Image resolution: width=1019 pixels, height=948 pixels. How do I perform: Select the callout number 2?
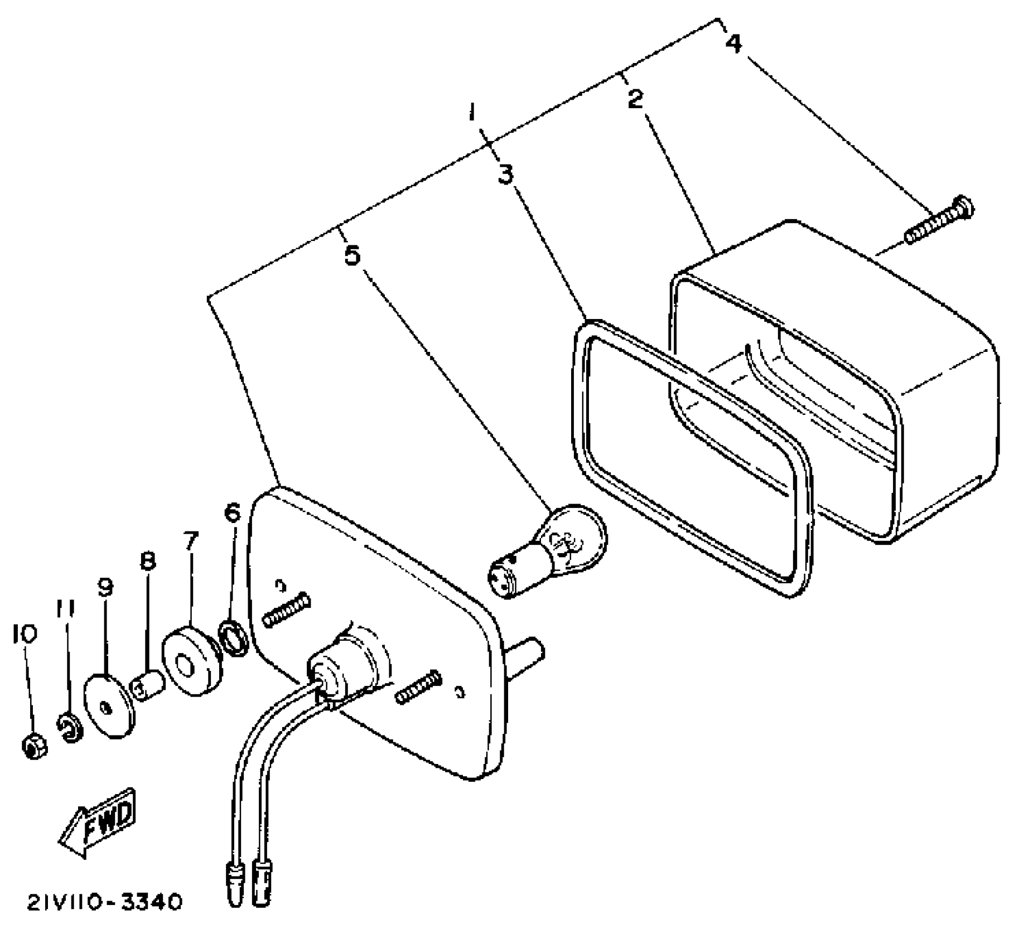pos(635,99)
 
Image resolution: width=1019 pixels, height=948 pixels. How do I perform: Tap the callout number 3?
pos(505,174)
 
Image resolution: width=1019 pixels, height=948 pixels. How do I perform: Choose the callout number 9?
pos(105,587)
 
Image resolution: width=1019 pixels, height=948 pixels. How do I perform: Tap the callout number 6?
pos(232,512)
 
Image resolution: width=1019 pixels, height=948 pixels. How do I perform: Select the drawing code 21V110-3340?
pos(105,902)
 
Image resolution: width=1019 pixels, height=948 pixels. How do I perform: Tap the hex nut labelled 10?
pos(35,745)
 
